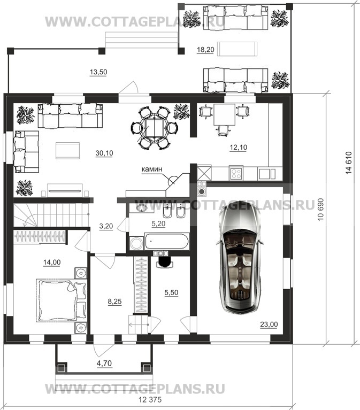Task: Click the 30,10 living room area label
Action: [104, 153]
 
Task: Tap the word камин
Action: [152, 169]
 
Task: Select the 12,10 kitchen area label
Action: [239, 148]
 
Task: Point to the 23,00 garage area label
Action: [269, 324]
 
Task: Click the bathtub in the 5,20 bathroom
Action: [166, 241]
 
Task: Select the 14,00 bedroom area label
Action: [52, 262]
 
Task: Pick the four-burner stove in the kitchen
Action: [236, 173]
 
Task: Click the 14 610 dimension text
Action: [349, 163]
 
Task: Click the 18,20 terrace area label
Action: [205, 50]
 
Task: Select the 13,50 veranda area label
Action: [98, 72]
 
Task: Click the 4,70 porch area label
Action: [104, 363]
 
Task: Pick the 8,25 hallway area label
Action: [114, 301]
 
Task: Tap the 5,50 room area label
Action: [171, 292]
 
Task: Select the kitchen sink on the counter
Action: [267, 174]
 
